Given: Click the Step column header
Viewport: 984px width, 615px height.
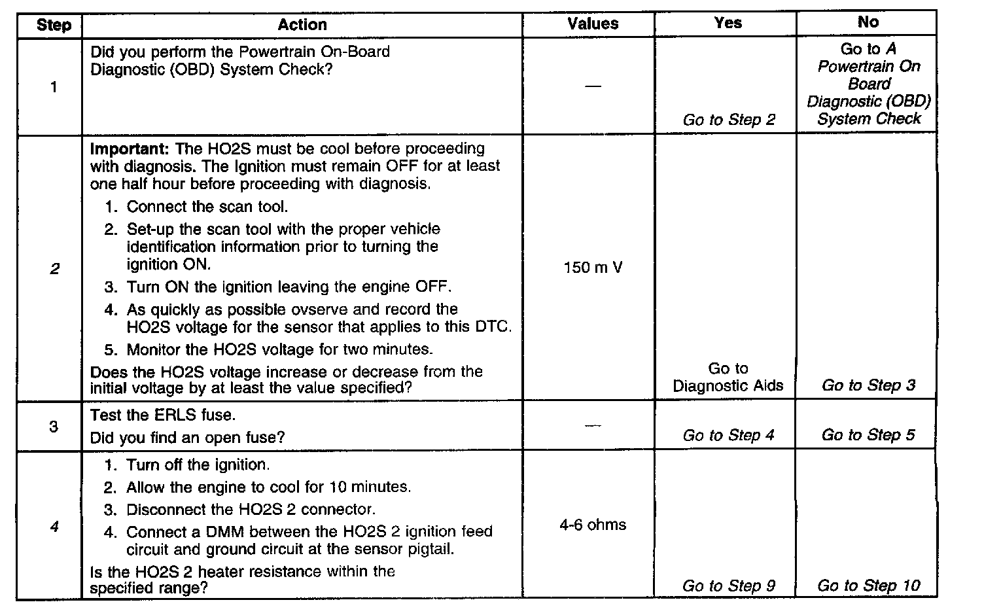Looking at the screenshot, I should [54, 26].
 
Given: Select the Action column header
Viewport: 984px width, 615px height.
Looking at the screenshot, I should [302, 25].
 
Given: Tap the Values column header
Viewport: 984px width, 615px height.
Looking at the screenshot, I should [593, 24].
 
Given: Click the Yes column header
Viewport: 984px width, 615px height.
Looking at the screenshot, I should [728, 24].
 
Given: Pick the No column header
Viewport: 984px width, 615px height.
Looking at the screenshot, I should [868, 22].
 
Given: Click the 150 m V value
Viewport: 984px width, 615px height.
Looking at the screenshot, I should [593, 268].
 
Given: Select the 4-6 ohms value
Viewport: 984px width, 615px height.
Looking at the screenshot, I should [593, 525].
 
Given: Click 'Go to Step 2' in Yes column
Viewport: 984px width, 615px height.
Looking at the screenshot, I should [729, 120].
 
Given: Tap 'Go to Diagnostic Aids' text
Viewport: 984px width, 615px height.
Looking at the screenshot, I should [728, 378].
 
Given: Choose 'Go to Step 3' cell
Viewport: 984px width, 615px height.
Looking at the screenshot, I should [868, 385].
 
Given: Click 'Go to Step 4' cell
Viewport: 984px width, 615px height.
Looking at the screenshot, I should [728, 435].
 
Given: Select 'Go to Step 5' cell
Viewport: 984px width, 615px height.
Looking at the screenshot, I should [868, 435].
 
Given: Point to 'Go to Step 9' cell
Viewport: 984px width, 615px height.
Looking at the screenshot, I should [728, 586].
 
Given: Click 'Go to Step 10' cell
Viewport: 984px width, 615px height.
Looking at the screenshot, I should [868, 586].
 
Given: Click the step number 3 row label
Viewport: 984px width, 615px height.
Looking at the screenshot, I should [54, 427].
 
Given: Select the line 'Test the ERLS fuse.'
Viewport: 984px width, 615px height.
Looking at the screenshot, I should [162, 415].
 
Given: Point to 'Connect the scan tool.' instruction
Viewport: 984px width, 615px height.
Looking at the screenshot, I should [207, 207].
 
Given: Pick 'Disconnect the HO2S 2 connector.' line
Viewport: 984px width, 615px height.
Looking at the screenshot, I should [251, 509].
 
